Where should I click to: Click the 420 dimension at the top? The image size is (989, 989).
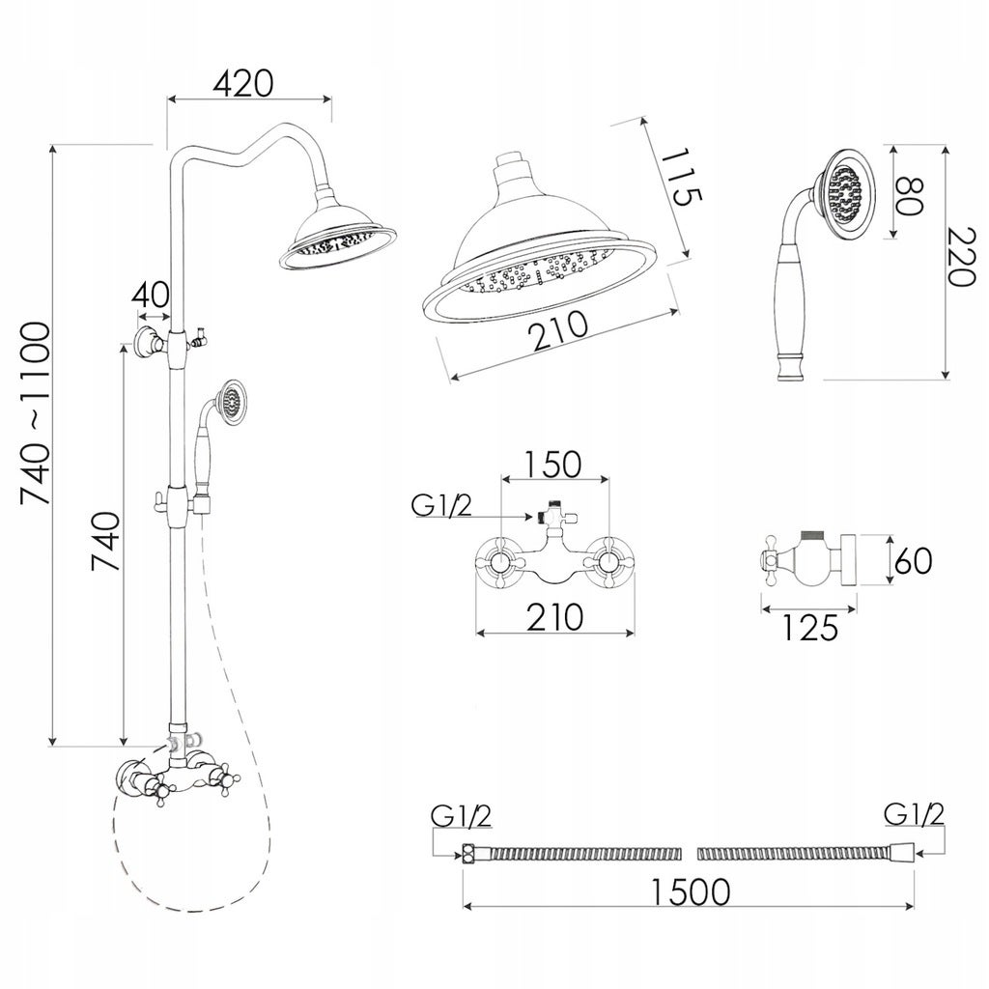(243, 83)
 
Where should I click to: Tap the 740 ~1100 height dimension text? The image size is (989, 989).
(35, 413)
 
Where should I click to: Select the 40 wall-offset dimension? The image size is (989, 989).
(151, 294)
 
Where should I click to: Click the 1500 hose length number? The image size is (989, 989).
(690, 891)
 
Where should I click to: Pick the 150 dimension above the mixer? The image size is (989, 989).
(552, 465)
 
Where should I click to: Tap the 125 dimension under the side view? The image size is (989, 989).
(810, 627)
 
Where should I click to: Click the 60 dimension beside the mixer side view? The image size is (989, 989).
(913, 560)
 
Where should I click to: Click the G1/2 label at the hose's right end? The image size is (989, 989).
(914, 815)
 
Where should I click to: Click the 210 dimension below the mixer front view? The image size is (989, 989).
(555, 617)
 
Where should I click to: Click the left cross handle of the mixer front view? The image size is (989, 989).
(499, 563)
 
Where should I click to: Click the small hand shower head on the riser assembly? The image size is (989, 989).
(230, 399)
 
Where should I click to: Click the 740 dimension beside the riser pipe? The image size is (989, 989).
(105, 541)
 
